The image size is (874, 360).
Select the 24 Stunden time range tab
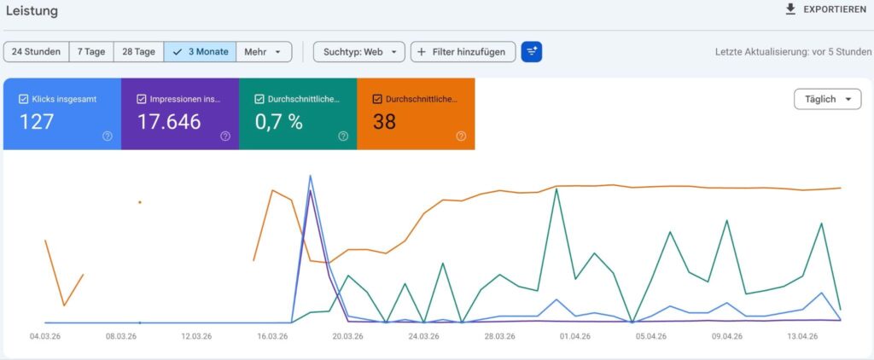tap(36, 52)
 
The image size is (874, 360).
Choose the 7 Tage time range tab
tap(90, 52)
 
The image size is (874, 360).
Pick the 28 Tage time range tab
tap(138, 52)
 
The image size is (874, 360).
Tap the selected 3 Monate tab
tap(200, 52)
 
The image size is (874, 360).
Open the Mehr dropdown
tap(264, 52)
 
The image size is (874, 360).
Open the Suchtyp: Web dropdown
tap(358, 52)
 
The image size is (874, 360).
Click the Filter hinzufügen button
tap(463, 52)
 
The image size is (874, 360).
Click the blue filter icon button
tap(532, 52)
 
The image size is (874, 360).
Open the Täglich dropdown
tap(827, 99)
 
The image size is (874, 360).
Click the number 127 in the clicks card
tap(37, 122)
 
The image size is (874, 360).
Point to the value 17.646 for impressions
tap(169, 122)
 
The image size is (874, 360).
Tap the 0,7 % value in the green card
tap(278, 122)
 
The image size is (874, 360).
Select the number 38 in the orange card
tap(384, 122)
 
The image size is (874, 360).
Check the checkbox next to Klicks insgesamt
tap(23, 99)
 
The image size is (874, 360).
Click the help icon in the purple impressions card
tap(224, 136)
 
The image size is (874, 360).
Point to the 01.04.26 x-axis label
tap(575, 336)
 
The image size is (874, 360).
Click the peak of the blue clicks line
tap(310, 176)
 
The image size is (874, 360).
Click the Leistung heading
tap(32, 10)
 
